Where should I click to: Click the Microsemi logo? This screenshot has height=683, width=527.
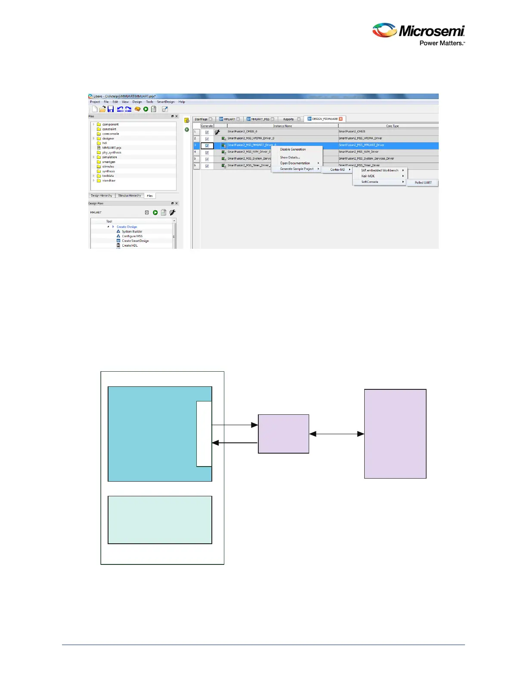coord(418,34)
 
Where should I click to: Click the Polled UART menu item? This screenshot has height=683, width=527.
coord(423,183)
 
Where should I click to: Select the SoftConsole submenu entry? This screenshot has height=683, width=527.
coord(370,182)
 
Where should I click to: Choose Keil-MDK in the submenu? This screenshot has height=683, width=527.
coord(368,176)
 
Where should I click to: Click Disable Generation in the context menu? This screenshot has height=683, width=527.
coord(293,150)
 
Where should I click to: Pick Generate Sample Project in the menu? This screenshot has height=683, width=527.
coord(297,169)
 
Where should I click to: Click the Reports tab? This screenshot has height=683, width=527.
coord(288,119)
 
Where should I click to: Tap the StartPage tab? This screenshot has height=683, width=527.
coord(201,119)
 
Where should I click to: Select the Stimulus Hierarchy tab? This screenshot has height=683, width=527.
coord(130,196)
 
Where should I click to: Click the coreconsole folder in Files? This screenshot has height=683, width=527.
coord(111,134)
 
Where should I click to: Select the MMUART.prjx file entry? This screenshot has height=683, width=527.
coord(112,148)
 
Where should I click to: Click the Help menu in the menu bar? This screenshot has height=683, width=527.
coord(182,102)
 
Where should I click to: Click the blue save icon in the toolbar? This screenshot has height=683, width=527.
coord(111,109)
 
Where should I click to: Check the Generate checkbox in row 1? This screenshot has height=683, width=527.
coord(207,132)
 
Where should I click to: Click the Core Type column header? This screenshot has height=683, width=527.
coord(392,126)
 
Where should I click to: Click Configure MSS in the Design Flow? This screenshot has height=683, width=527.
coord(132,236)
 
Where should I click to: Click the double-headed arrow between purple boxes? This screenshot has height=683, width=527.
coord(337,434)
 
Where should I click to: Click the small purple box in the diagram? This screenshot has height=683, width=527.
coord(283,434)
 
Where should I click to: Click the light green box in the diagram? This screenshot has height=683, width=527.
coord(160,520)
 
